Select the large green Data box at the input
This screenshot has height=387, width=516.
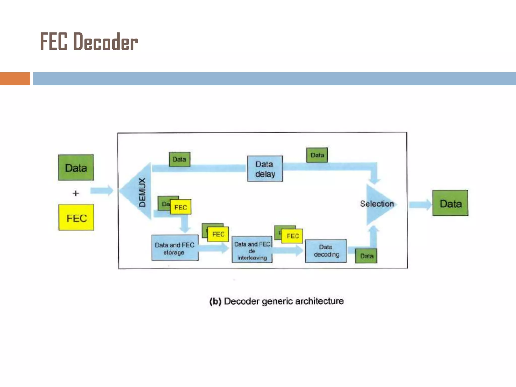point(76,168)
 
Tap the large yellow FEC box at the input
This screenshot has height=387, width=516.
point(76,217)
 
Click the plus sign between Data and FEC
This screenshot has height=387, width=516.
point(76,193)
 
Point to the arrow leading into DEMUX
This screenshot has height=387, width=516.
point(102,190)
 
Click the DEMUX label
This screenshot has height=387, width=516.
point(142,192)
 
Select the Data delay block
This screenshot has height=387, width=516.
point(265,169)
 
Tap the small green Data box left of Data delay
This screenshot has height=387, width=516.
point(179,159)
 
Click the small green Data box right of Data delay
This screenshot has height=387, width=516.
point(317,155)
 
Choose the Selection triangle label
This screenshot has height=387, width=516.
point(377,204)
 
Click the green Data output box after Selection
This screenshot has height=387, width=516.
point(450,203)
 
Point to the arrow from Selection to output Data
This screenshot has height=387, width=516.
point(420,205)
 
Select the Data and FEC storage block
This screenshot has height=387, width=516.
point(175,248)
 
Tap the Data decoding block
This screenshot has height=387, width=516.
point(326,251)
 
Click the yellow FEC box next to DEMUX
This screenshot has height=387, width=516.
point(181,207)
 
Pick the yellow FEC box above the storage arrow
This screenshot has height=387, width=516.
point(218,234)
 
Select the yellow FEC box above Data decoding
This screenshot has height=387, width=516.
point(292,236)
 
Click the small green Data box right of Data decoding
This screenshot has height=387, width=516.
point(366,256)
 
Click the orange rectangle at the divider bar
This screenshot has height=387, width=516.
point(15,79)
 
